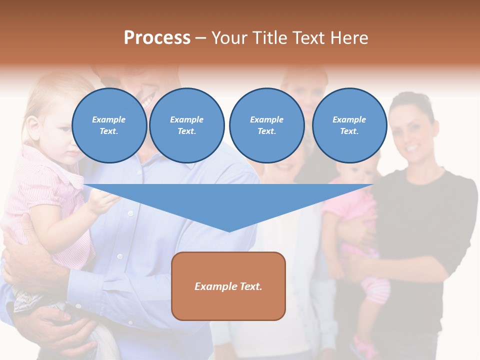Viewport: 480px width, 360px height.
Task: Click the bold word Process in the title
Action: pyautogui.click(x=157, y=38)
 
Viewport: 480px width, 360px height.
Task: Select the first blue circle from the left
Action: pyautogui.click(x=109, y=125)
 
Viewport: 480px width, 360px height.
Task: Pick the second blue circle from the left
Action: pyautogui.click(x=186, y=125)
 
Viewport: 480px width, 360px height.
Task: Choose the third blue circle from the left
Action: pyautogui.click(x=266, y=125)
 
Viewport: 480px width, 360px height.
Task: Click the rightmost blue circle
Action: pyautogui.click(x=349, y=125)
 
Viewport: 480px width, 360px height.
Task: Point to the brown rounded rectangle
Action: pyautogui.click(x=228, y=286)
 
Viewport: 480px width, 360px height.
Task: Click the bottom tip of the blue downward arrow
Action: pyautogui.click(x=228, y=231)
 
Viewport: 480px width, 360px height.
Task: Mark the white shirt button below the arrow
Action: pyautogui.click(x=119, y=256)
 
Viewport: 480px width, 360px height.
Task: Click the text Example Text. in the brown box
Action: pyautogui.click(x=228, y=286)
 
